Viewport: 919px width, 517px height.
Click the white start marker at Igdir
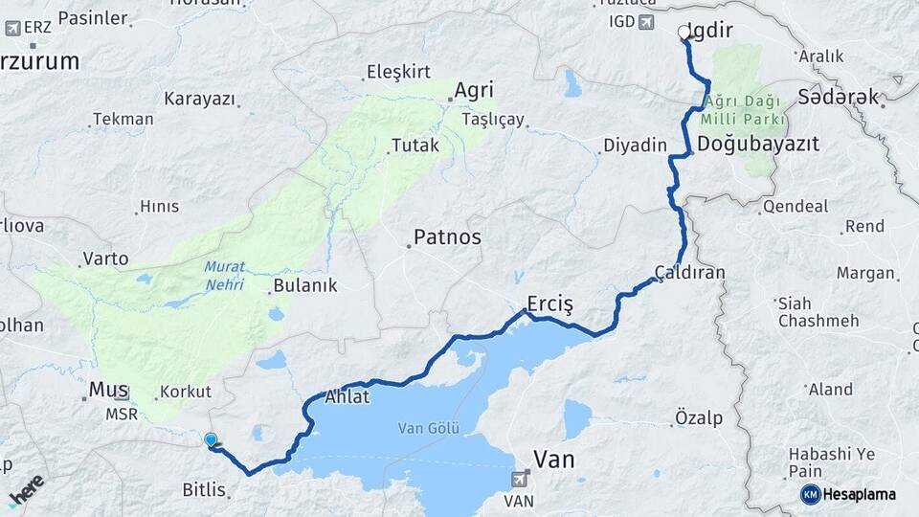(x=684, y=33)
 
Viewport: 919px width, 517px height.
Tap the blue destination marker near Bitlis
(x=211, y=440)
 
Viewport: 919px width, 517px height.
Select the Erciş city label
(x=549, y=303)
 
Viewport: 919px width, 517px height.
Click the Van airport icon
(x=520, y=478)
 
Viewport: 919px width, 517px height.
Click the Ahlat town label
(x=347, y=396)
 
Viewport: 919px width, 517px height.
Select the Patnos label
(x=447, y=236)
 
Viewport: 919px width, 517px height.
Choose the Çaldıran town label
(x=690, y=273)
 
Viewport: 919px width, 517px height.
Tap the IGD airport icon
(x=647, y=22)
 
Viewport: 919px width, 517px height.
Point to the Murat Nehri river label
(x=223, y=276)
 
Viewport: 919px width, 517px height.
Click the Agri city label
(x=474, y=90)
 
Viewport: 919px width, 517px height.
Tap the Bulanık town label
(x=305, y=285)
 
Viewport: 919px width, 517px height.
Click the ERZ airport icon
(x=12, y=27)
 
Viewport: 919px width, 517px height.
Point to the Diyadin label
(x=634, y=146)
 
